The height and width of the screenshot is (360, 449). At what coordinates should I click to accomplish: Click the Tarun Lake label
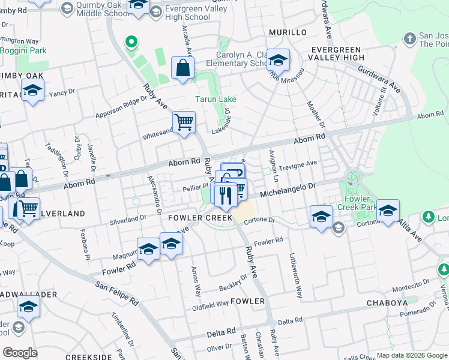pyautogui.click(x=215, y=99)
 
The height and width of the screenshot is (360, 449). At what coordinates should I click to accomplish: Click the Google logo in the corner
pyautogui.click(x=20, y=352)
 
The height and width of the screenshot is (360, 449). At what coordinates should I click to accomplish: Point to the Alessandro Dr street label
pyautogui.click(x=154, y=195)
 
